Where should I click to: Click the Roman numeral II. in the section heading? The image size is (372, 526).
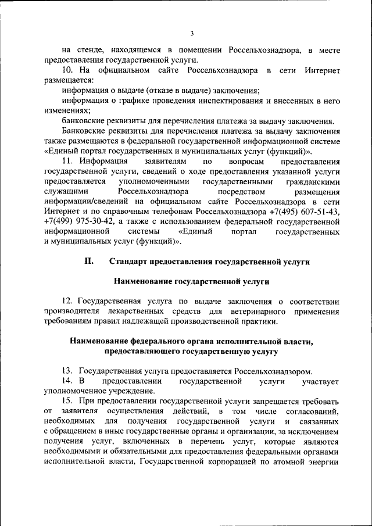[89, 262]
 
